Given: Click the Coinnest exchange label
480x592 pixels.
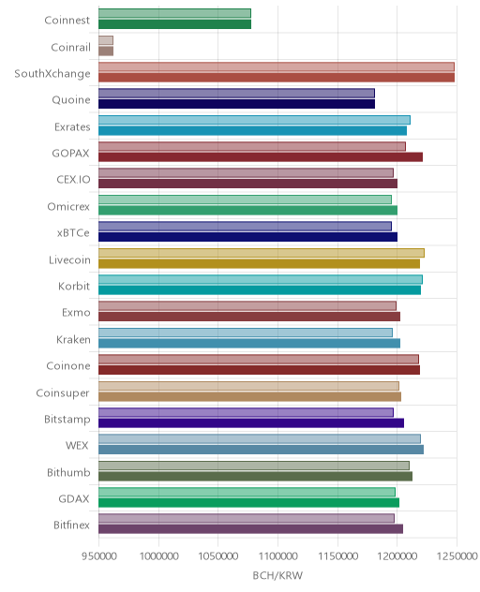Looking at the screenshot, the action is pos(67,20).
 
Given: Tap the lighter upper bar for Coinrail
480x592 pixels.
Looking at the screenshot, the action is pos(106,40).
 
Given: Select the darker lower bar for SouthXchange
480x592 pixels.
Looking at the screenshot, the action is pos(277,78).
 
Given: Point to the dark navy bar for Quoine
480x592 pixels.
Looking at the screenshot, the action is pos(236,104).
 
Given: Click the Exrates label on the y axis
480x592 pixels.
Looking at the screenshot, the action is pos(72,126).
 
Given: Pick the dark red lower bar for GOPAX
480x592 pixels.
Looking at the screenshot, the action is pos(261,157).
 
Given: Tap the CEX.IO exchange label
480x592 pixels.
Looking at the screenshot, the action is pos(73,179).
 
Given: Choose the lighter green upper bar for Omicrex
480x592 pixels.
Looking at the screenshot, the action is pos(245,200).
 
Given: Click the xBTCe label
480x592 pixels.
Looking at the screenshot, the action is pos(73,233).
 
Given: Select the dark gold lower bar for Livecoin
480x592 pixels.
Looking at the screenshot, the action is pos(259,263).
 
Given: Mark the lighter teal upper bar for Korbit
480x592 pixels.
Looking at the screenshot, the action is pos(261,279).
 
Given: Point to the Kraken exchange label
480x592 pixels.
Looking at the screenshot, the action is pos(73,339).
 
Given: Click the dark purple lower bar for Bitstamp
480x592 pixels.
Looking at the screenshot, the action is pos(251,422).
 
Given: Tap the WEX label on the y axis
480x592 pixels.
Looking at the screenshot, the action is pos(77,446).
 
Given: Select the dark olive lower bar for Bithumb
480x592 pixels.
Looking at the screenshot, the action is pos(255,476).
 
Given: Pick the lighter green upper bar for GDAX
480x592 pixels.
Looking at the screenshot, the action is pos(247,492).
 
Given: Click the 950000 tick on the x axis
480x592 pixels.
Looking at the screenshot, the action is pos(99,555).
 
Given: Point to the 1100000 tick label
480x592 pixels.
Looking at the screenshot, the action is pos(277,555).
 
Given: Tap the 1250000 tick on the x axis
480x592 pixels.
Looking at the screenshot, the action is pos(457,555).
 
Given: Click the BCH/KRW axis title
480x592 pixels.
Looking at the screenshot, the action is pos(277,575).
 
